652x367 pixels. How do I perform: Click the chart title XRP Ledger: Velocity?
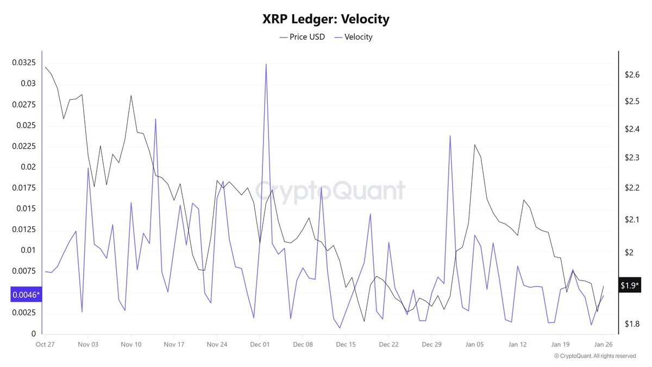click(325, 19)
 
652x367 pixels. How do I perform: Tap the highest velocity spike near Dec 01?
click(266, 65)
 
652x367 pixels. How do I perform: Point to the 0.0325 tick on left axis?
click(24, 63)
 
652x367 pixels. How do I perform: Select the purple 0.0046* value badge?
click(25, 295)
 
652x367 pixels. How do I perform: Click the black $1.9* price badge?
click(630, 285)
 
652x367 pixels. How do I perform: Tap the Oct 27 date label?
click(45, 345)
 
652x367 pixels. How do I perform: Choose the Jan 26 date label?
click(603, 345)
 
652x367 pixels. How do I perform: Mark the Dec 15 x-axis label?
click(346, 345)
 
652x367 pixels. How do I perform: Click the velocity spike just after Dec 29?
click(450, 136)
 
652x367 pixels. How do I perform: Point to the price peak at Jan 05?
click(474, 145)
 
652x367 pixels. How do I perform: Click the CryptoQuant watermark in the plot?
click(330, 191)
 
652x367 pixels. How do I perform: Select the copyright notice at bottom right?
click(594, 356)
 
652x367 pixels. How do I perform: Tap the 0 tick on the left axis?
click(33, 334)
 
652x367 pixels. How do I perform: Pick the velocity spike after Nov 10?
click(155, 120)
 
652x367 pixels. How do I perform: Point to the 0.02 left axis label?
click(27, 167)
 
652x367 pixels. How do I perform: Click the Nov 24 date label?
click(216, 345)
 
